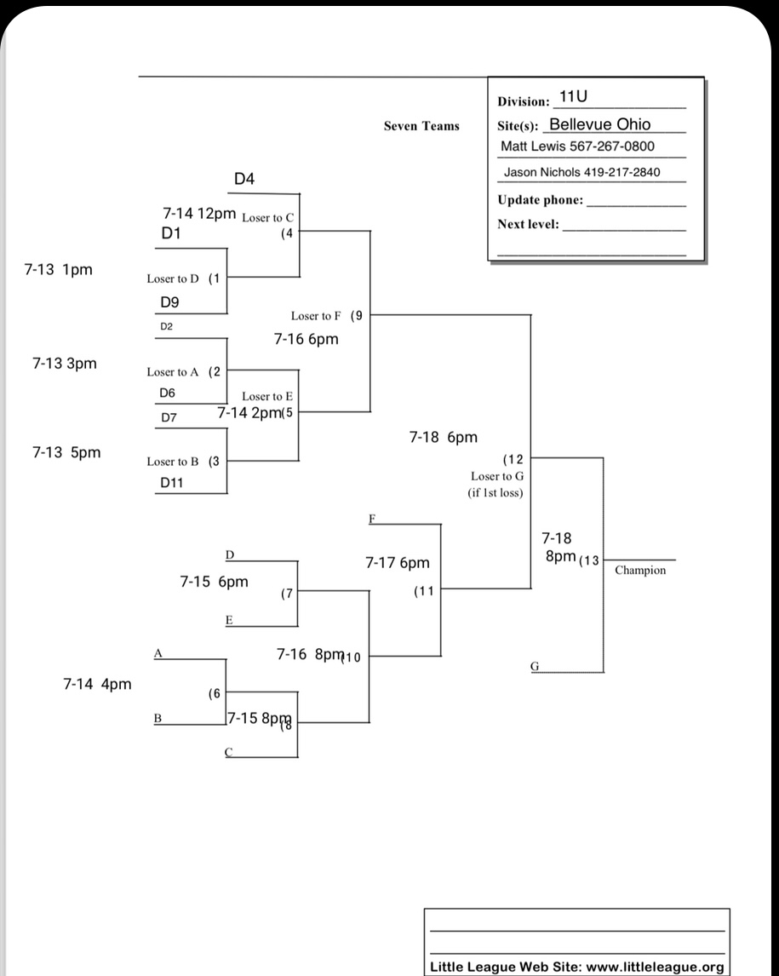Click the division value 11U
point(574,98)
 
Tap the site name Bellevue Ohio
point(600,124)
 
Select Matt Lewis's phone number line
point(577,146)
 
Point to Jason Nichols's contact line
point(582,172)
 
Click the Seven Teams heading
point(421,126)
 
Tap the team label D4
point(244,179)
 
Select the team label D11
point(173,483)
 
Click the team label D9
point(169,302)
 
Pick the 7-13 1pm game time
point(59,270)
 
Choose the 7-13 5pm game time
point(66,452)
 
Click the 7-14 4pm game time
point(98,684)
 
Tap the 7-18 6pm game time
point(444,438)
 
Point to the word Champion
point(640,570)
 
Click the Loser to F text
point(316,316)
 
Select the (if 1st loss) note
point(495,492)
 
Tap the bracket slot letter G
point(535,666)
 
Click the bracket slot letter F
point(372,518)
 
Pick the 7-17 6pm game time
point(398,563)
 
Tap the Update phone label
point(541,200)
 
